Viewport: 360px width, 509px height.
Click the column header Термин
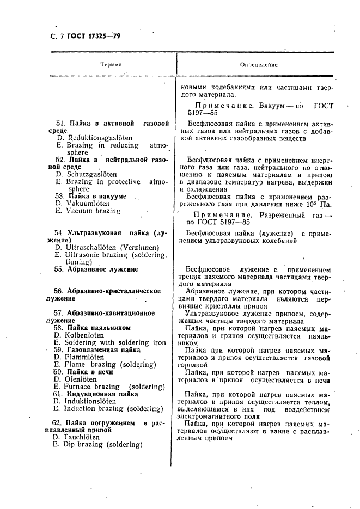point(111,65)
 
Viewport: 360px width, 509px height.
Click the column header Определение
point(259,65)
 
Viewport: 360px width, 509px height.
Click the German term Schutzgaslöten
point(82,174)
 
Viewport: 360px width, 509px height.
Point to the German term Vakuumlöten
point(80,203)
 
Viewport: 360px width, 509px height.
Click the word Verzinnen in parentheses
point(139,247)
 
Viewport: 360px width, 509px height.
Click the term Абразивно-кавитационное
point(111,313)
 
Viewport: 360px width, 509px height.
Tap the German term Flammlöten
point(76,357)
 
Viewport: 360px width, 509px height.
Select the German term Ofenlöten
point(75,379)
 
